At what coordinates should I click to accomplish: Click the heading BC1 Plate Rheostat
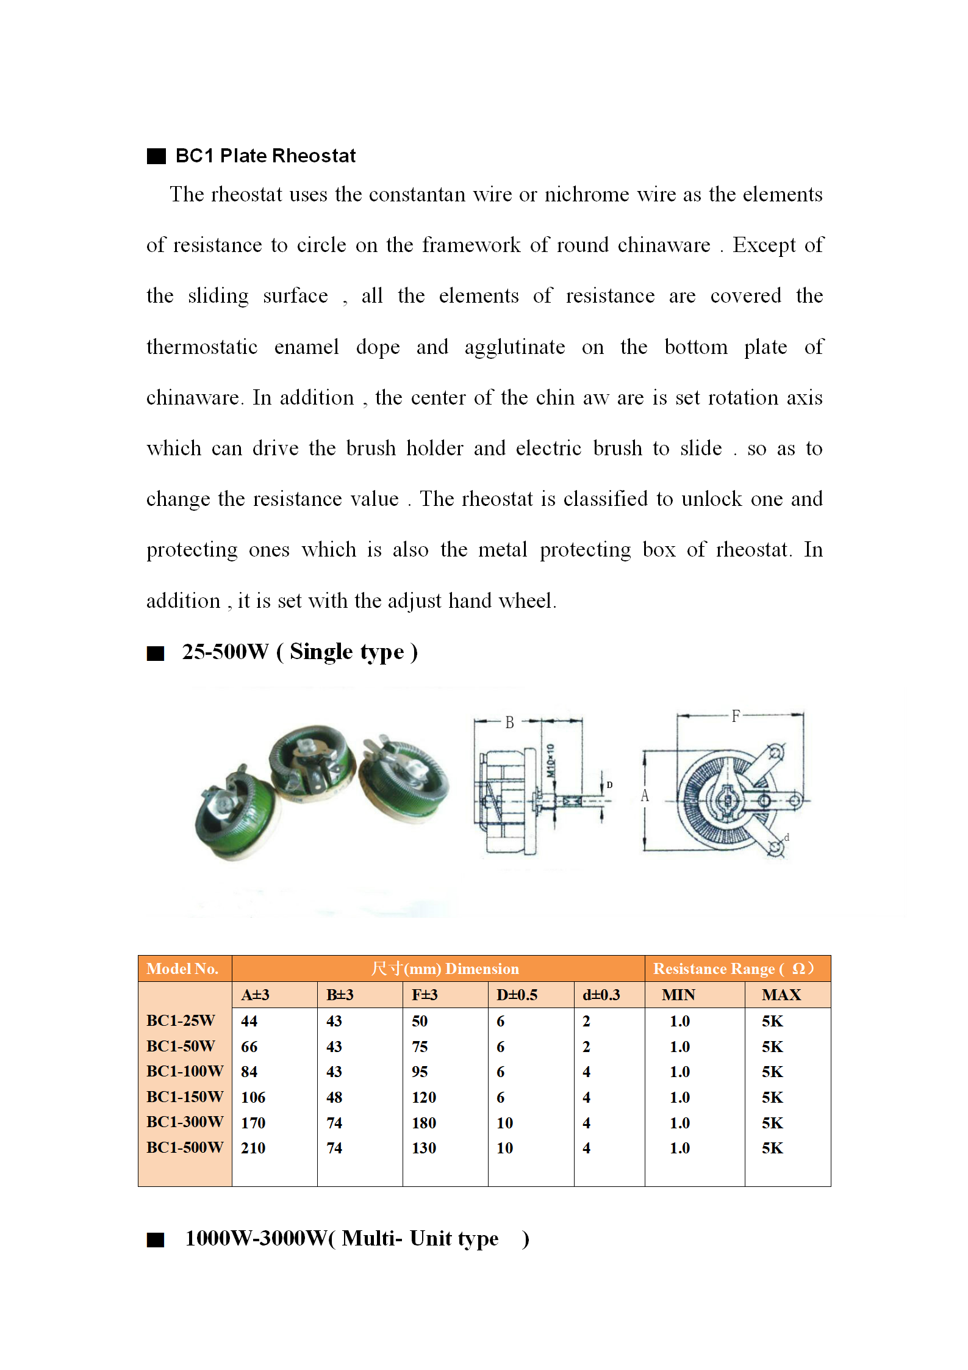pyautogui.click(x=265, y=156)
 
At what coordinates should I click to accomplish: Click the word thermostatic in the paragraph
pyautogui.click(x=202, y=347)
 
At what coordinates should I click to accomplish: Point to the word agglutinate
pyautogui.click(x=514, y=347)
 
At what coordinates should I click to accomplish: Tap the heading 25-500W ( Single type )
pyautogui.click(x=299, y=652)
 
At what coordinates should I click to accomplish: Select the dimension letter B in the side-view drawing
pyautogui.click(x=509, y=723)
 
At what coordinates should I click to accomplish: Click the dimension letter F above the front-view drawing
pyautogui.click(x=736, y=716)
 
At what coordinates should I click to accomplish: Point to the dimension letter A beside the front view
pyautogui.click(x=645, y=796)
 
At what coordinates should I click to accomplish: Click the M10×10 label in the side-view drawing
pyautogui.click(x=550, y=760)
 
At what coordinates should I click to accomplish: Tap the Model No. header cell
pyautogui.click(x=182, y=968)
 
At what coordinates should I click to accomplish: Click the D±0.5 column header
pyautogui.click(x=517, y=995)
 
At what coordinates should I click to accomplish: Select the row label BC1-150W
pyautogui.click(x=185, y=1097)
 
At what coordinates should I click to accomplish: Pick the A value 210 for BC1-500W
pyautogui.click(x=253, y=1148)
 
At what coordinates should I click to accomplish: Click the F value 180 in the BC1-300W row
pyautogui.click(x=424, y=1123)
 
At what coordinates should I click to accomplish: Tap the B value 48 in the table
pyautogui.click(x=334, y=1097)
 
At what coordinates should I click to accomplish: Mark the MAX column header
pyautogui.click(x=781, y=995)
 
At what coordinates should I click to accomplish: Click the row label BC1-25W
pyautogui.click(x=181, y=1020)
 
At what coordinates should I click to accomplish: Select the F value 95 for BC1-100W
pyautogui.click(x=420, y=1072)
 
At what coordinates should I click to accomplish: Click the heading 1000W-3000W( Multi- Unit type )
pyautogui.click(x=357, y=1239)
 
